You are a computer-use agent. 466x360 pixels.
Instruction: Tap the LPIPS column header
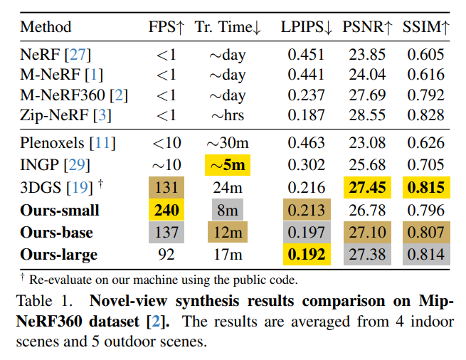[306, 27]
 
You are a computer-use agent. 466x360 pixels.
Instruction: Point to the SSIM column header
[425, 27]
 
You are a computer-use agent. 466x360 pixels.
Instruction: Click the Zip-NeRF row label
[65, 113]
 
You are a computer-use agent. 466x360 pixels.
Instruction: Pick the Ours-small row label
[60, 210]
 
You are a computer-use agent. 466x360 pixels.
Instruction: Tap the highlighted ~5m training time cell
[227, 165]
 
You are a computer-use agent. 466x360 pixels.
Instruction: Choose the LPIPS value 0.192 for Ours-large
[306, 254]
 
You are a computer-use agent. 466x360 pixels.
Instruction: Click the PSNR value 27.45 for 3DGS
[367, 188]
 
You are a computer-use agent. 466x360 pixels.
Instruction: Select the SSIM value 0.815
[425, 188]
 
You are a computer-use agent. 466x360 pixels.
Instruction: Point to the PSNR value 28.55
[367, 113]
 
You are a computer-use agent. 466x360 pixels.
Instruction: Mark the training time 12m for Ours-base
[227, 232]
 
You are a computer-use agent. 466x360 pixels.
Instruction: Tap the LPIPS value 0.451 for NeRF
[306, 54]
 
